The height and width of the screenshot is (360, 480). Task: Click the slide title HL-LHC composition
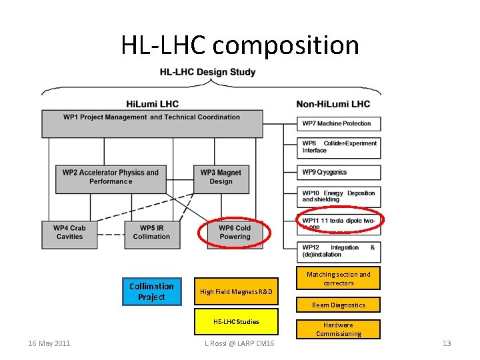(x=240, y=45)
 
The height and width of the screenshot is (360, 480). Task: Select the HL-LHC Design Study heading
(x=208, y=72)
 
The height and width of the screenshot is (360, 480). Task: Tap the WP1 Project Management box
(x=151, y=123)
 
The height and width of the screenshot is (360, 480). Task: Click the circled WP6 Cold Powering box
(x=235, y=233)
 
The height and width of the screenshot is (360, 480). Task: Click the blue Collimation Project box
(x=151, y=292)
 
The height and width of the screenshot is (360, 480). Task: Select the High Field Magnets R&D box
(x=236, y=291)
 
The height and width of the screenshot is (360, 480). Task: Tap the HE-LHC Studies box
(x=236, y=322)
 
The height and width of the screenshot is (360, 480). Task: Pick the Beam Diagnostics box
(x=339, y=305)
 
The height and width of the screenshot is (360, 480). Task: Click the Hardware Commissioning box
(x=339, y=329)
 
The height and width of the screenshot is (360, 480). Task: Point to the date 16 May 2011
(x=50, y=343)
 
